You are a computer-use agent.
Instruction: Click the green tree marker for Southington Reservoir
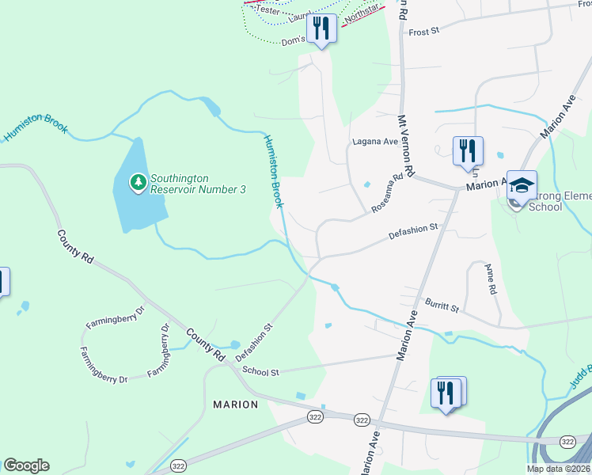(x=139, y=183)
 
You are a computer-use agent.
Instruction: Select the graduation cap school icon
(x=522, y=186)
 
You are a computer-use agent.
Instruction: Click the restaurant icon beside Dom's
(x=321, y=28)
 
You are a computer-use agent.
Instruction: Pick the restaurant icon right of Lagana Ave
(x=468, y=150)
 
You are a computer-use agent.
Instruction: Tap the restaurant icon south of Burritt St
(x=446, y=392)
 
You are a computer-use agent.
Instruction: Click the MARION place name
(x=236, y=405)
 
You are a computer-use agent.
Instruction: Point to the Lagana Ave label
(x=374, y=142)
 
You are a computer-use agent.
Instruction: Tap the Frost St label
(x=424, y=32)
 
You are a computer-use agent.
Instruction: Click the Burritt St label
(x=442, y=304)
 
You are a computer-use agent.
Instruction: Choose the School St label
(x=261, y=370)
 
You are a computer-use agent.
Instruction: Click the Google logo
(x=26, y=465)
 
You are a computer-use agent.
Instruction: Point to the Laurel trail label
(x=301, y=15)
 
